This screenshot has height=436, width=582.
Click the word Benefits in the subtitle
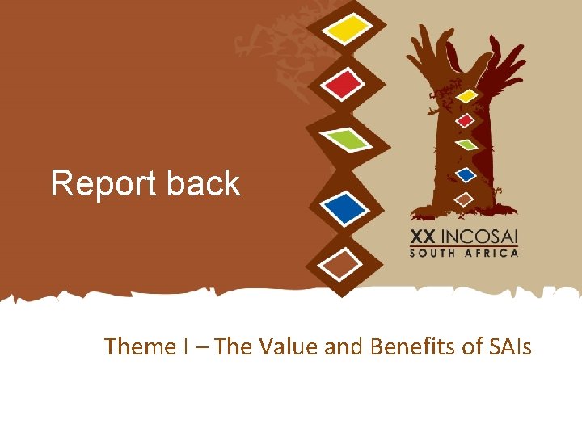point(413,346)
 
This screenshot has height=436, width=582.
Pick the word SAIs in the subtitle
point(511,346)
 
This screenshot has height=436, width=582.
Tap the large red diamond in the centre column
point(344,83)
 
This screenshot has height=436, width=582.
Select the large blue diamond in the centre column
point(346,208)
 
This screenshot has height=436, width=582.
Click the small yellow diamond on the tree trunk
point(466,96)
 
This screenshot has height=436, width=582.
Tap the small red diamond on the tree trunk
point(465,121)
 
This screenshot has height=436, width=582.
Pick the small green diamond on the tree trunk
point(466,145)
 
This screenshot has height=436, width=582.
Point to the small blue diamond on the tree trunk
point(465,173)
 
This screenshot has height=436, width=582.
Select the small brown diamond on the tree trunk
point(464,198)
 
